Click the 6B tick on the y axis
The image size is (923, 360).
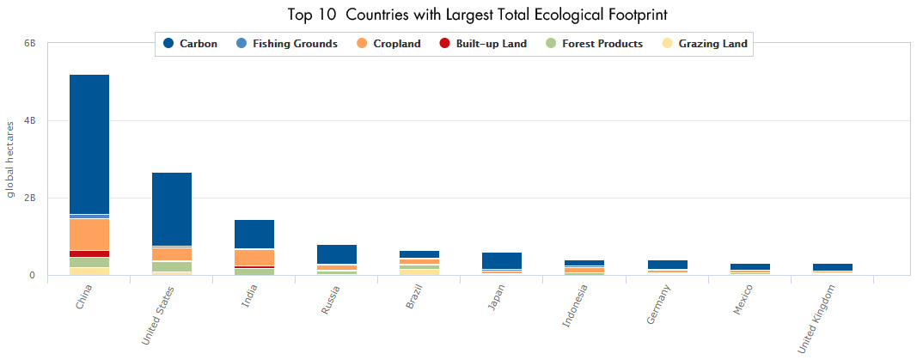pyautogui.click(x=29, y=43)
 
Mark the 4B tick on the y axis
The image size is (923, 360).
pyautogui.click(x=29, y=121)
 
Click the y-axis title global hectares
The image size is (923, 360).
pyautogui.click(x=11, y=160)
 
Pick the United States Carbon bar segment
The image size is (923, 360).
pyautogui.click(x=172, y=209)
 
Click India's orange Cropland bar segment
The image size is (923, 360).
pyautogui.click(x=254, y=258)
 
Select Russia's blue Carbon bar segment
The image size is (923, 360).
pyautogui.click(x=337, y=253)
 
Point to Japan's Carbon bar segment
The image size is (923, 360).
pyautogui.click(x=502, y=260)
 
